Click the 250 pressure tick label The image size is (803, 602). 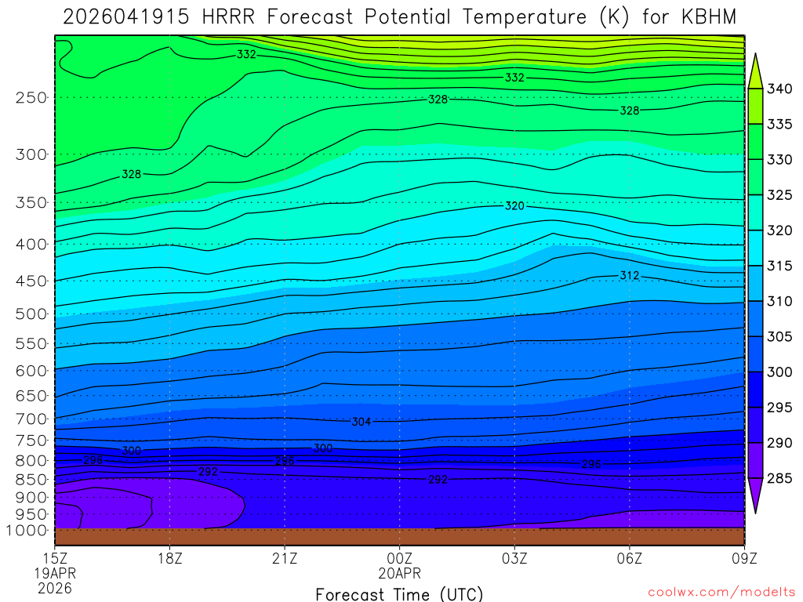[31, 98]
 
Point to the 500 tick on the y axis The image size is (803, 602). [31, 314]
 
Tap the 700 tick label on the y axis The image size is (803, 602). [31, 419]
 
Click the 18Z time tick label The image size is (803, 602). [170, 559]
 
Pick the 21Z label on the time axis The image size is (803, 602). [285, 559]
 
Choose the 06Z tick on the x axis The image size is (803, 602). [630, 559]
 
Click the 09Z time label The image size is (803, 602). [744, 559]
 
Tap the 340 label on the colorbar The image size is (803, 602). [780, 89]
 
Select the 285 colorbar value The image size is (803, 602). [780, 478]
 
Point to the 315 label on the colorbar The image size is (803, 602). [780, 266]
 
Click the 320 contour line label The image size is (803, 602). [514, 206]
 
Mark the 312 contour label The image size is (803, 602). [630, 275]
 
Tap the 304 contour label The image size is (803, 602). [361, 422]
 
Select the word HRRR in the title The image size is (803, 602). [230, 16]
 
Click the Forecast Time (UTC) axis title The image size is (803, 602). [399, 593]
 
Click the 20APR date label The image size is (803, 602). [400, 573]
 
